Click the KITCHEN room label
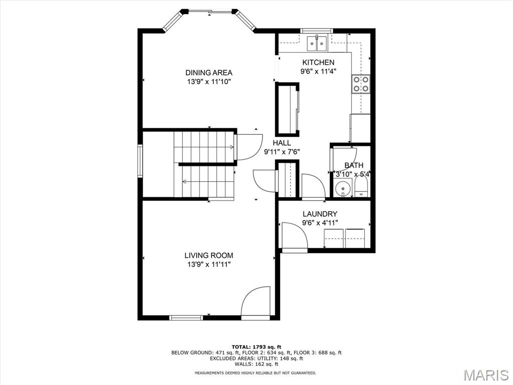(318, 63)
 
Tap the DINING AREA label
(209, 73)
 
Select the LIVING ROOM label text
(209, 255)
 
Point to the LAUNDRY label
(320, 214)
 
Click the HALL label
(282, 143)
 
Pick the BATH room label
(354, 165)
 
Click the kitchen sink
(317, 43)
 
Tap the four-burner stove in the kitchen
(361, 84)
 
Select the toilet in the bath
(361, 188)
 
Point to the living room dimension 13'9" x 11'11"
(209, 265)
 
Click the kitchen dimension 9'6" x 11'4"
(318, 71)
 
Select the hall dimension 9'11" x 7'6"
(282, 151)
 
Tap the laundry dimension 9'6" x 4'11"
(320, 223)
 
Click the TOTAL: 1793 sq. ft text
(256, 347)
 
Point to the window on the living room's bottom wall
(186, 317)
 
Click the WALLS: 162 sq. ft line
(256, 364)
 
